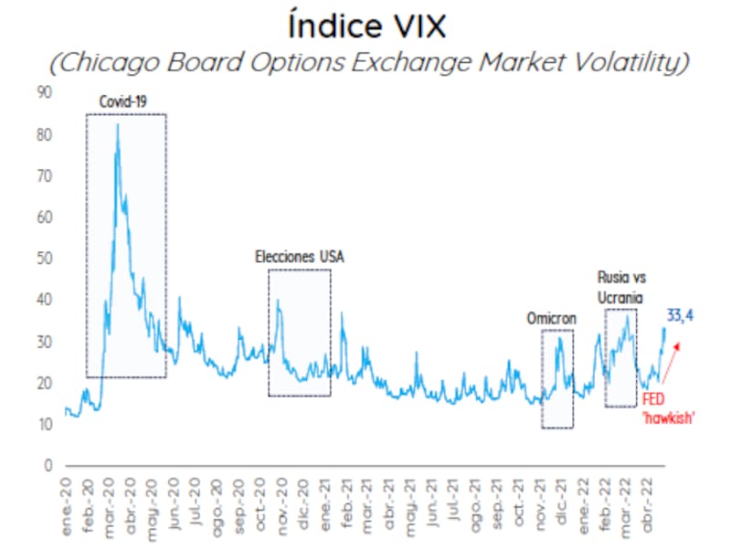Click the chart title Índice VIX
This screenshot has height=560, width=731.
[366, 25]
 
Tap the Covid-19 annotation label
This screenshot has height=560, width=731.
[123, 100]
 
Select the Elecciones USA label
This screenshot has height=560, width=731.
[300, 258]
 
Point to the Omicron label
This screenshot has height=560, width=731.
[553, 318]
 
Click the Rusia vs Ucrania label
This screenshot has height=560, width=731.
[620, 286]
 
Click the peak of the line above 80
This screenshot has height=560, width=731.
[117, 125]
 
